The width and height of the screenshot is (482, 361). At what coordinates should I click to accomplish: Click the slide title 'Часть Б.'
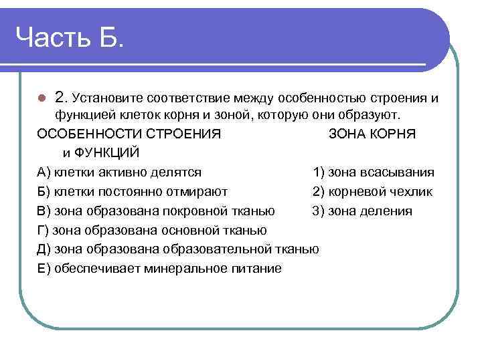70,38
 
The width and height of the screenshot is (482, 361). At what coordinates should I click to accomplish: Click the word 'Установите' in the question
111,98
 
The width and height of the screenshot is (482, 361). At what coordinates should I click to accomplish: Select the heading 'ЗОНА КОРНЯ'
372,134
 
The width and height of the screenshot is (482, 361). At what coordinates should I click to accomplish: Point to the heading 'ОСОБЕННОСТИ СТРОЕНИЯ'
129,134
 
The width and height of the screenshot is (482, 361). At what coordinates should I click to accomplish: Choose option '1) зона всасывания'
373,172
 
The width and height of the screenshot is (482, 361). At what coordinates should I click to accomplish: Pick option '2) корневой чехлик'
372,192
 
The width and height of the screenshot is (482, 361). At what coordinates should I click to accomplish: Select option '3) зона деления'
362,211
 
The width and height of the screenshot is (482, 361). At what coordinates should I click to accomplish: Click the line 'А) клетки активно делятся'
120,172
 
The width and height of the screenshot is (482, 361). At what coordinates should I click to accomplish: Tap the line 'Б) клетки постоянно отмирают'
133,192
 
